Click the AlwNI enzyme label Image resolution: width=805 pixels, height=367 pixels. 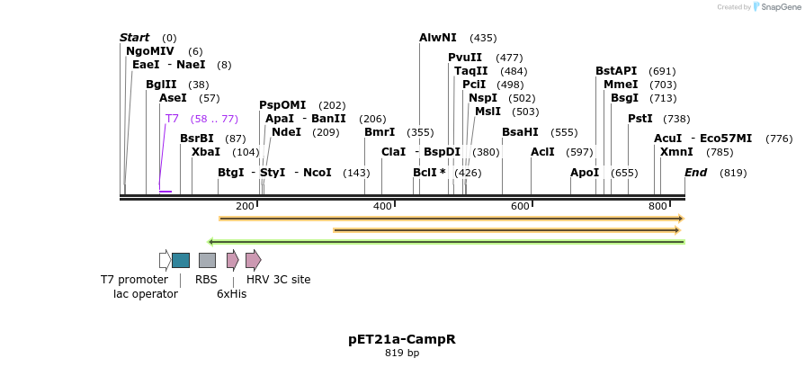tap(438, 38)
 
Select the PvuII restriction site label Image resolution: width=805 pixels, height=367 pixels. tap(465, 58)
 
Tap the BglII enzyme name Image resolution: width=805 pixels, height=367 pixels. tap(162, 85)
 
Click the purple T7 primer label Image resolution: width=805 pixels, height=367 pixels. tap(172, 119)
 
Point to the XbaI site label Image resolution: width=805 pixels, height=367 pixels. tap(205, 152)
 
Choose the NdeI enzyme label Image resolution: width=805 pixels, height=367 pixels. tap(286, 132)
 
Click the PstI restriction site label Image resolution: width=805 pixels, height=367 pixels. tap(640, 119)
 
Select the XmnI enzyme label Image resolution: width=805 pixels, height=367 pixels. tap(676, 152)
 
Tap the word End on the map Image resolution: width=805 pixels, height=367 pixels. tap(695, 173)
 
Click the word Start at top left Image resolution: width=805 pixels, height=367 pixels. tap(134, 38)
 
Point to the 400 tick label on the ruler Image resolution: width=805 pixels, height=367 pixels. tap(382, 207)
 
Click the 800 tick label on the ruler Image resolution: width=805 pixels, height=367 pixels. tap(657, 207)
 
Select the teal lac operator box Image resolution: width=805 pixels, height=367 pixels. tap(181, 260)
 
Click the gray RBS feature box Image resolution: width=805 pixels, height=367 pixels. tap(207, 260)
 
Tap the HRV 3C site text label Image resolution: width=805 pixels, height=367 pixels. tap(278, 280)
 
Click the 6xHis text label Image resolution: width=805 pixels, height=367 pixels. tap(231, 294)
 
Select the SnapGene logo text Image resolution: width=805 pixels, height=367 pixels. tap(779, 7)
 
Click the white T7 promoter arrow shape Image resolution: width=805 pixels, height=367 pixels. tap(165, 260)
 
